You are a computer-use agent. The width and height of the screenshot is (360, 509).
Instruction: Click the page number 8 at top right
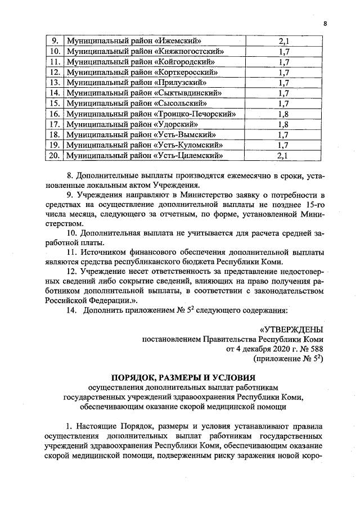(x=325, y=23)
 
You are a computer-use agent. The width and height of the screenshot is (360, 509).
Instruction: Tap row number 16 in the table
(x=55, y=114)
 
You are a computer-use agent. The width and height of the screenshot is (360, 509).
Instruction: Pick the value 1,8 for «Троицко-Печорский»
(x=283, y=114)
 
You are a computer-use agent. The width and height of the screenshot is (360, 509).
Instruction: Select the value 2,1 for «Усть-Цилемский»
(x=283, y=156)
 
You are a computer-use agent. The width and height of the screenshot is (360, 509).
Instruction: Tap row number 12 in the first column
(x=55, y=73)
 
